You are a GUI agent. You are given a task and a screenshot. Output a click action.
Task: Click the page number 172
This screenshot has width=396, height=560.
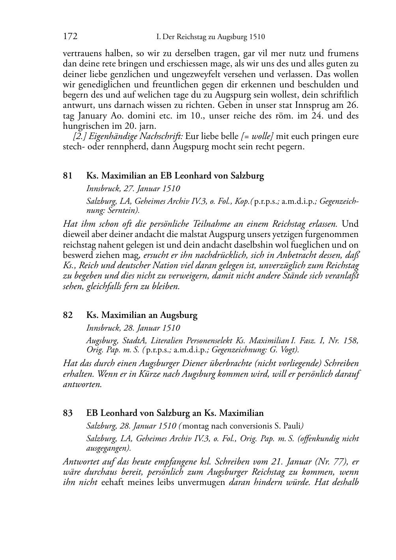[70, 37]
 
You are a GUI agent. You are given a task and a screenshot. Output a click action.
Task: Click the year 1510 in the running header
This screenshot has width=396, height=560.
[257, 37]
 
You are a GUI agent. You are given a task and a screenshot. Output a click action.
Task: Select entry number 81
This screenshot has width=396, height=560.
[68, 176]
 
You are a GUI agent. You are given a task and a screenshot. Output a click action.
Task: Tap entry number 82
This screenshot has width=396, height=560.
[68, 315]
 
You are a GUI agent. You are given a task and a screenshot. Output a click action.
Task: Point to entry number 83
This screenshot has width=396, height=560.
[68, 413]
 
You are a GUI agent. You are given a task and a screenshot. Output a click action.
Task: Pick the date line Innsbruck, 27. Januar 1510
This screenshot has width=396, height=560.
[133, 188]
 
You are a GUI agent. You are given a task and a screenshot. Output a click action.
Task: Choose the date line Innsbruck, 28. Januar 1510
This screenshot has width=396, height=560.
[133, 328]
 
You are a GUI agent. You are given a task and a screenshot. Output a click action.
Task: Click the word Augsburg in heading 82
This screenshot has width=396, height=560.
[178, 315]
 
